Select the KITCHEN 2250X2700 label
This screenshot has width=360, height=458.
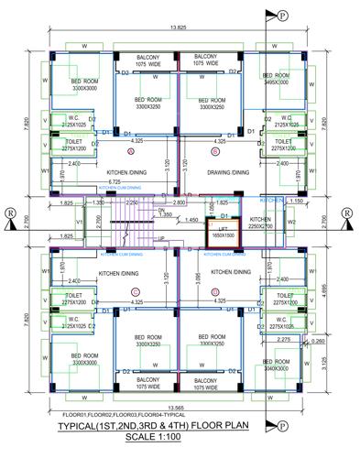pos(261,224)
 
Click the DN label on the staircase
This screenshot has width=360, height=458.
pos(161,211)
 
